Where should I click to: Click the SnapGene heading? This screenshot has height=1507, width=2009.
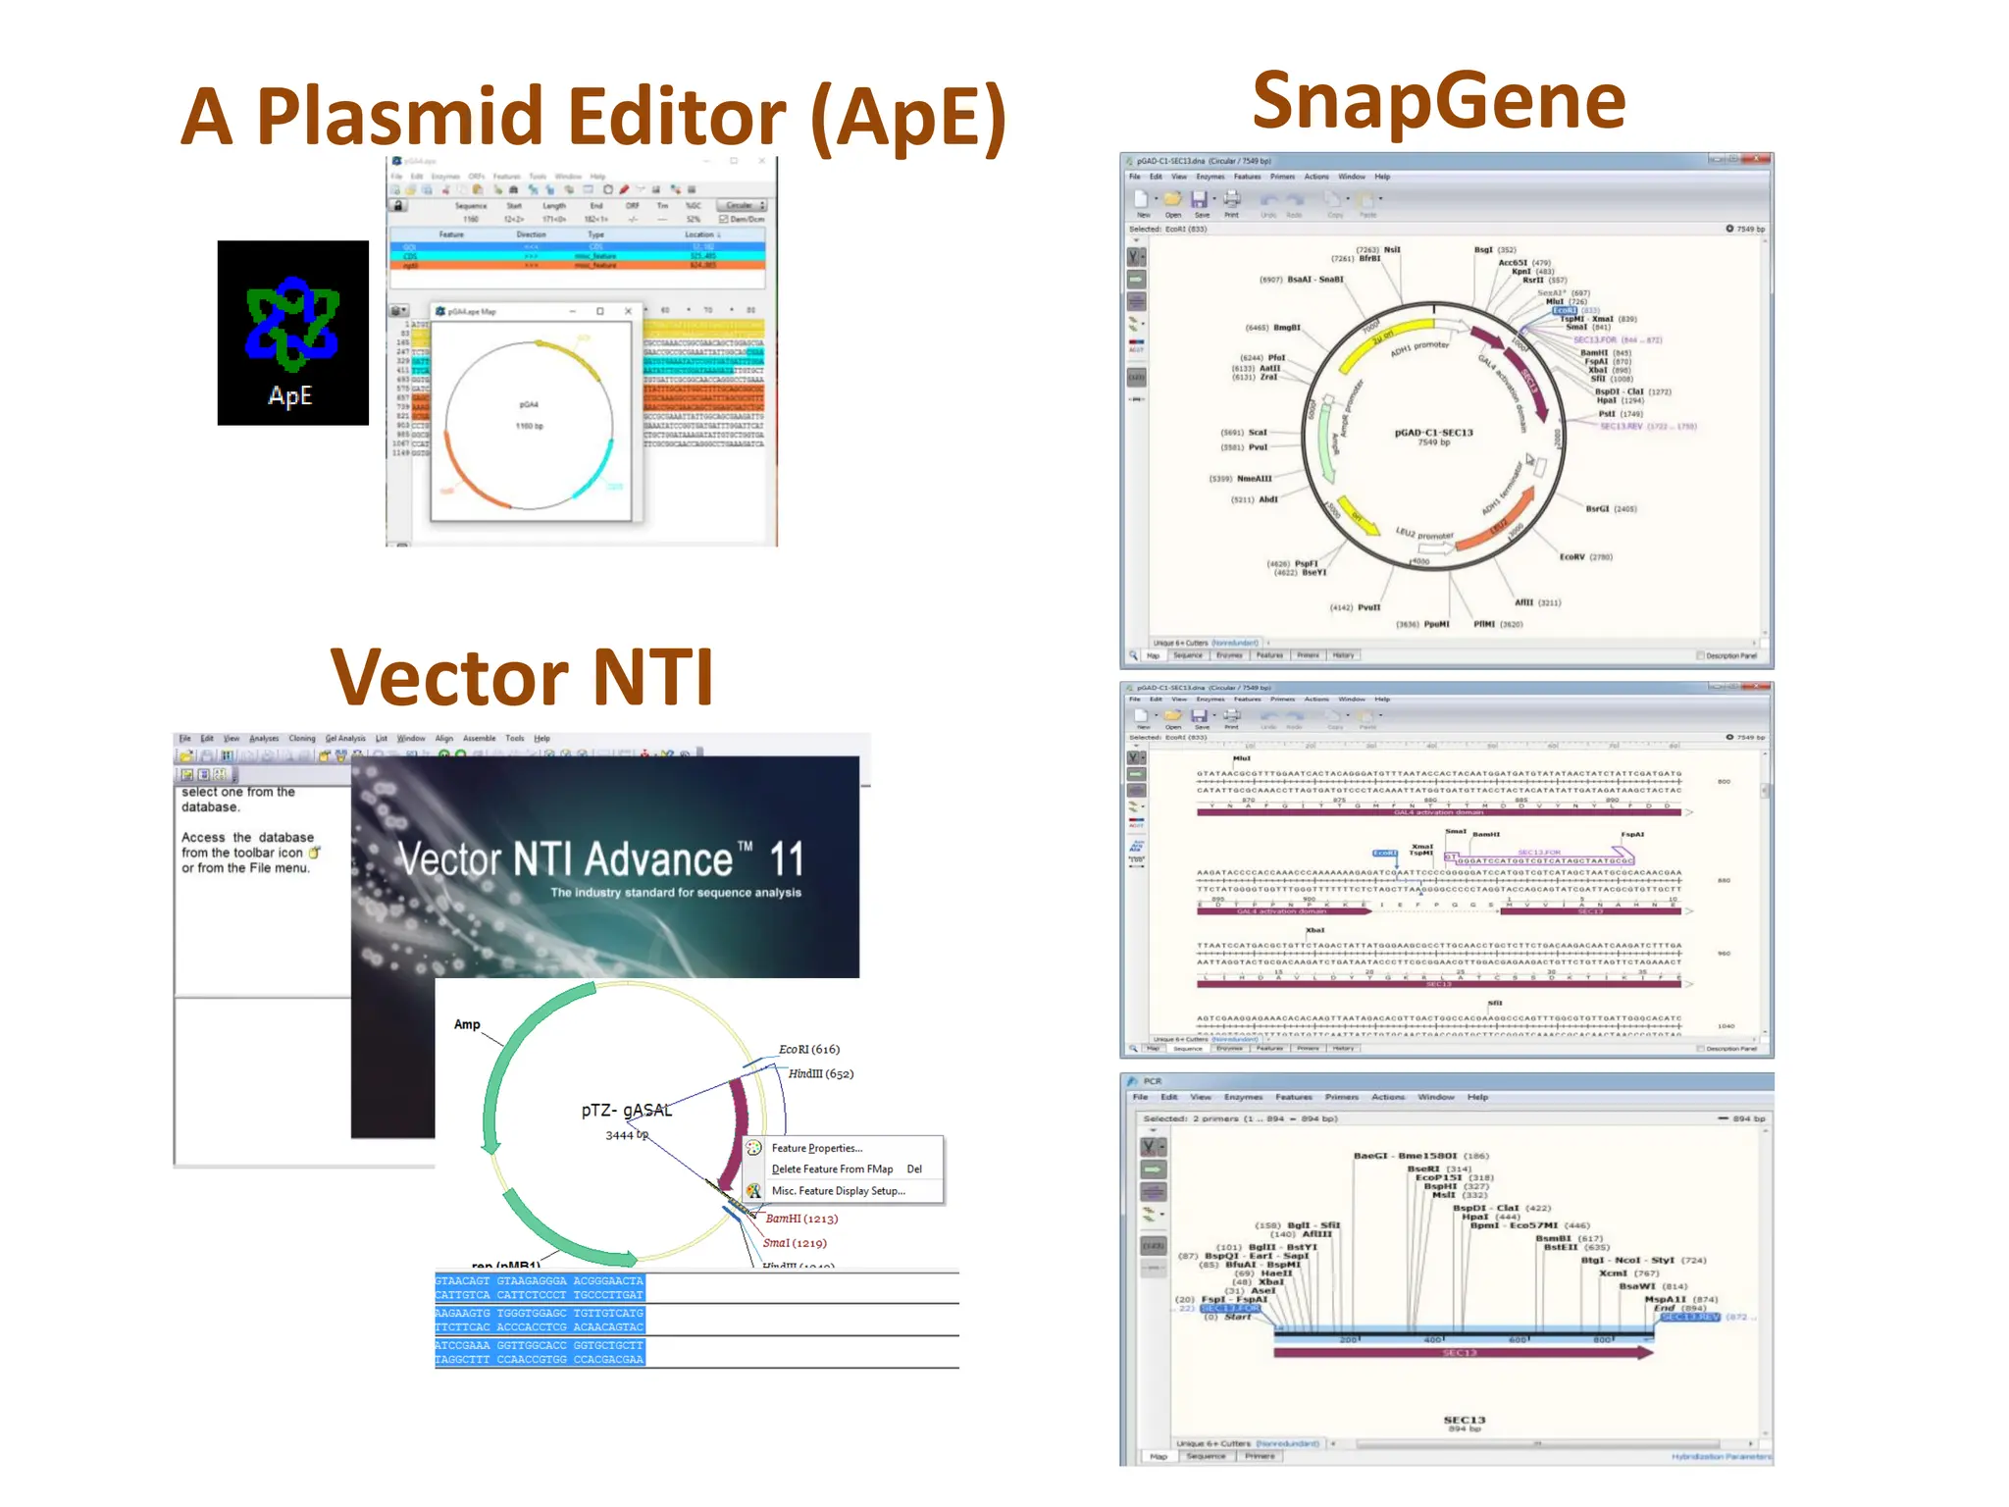tap(1438, 101)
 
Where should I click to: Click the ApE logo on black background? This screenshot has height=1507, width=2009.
tap(292, 333)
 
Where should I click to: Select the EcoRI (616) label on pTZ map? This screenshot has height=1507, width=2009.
tap(808, 1049)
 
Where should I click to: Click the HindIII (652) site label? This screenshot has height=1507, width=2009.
tap(820, 1073)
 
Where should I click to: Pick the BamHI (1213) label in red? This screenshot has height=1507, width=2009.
tap(800, 1219)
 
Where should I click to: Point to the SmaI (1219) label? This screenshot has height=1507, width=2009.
tap(794, 1243)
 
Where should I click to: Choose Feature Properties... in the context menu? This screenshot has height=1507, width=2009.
tap(816, 1148)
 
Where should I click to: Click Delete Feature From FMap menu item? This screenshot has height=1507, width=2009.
tap(832, 1169)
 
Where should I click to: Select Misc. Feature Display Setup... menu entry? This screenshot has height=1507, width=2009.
tap(838, 1191)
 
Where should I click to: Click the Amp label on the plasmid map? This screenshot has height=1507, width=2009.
tap(467, 1024)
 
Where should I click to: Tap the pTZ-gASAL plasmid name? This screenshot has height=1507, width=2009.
tap(626, 1111)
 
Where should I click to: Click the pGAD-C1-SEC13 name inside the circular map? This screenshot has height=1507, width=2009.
tap(1433, 433)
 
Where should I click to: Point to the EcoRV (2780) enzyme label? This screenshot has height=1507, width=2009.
tap(1585, 557)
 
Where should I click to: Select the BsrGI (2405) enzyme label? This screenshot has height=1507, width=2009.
tap(1611, 509)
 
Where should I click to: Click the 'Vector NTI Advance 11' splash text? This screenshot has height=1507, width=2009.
tap(600, 860)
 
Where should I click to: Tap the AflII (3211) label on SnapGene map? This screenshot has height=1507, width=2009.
tap(1536, 602)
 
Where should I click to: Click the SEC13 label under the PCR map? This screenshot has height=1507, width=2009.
tap(1464, 1420)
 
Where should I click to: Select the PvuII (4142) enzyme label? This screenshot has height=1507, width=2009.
tap(1355, 607)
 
